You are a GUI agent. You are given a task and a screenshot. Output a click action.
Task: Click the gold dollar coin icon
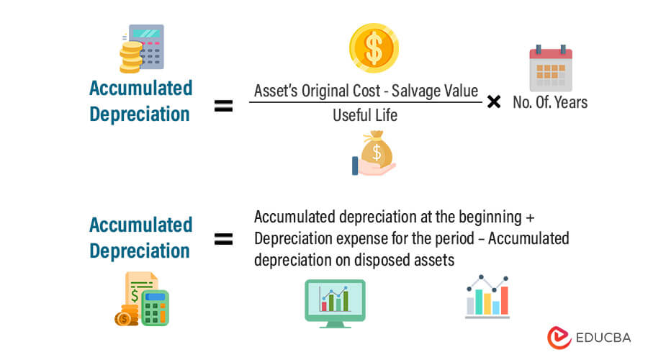pos(374,48)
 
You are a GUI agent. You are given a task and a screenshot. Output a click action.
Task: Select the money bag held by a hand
pos(374,153)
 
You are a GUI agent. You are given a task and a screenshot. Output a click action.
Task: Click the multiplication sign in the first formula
pos(494,102)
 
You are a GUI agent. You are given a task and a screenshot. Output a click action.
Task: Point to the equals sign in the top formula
pos(224,107)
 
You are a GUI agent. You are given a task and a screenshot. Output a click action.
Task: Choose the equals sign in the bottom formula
pos(224,240)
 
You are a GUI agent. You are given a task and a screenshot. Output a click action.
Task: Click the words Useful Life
pos(365,114)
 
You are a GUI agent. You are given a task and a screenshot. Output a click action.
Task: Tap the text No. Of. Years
pos(550,102)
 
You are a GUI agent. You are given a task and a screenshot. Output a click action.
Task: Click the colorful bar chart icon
pos(487,296)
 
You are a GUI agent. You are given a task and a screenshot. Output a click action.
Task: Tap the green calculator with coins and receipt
pos(142,299)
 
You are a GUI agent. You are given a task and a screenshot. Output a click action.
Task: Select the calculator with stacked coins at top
pos(142,48)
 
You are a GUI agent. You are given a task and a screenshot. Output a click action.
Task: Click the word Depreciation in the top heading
pos(140,114)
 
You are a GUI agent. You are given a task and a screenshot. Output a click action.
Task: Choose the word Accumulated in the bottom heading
pos(141,225)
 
